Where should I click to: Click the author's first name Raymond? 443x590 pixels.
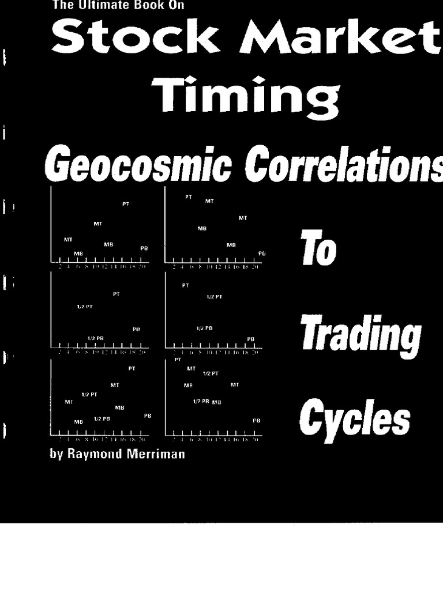pyautogui.click(x=93, y=453)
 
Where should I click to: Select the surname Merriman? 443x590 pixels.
pyautogui.click(x=157, y=453)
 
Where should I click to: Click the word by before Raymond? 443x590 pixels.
pyautogui.click(x=55, y=454)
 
